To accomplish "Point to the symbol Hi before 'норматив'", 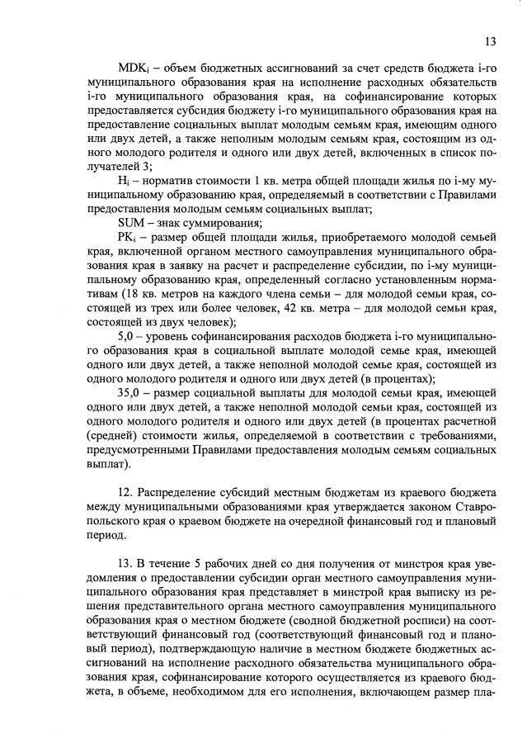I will point(125,178).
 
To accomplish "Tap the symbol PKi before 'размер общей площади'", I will point(128,239).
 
